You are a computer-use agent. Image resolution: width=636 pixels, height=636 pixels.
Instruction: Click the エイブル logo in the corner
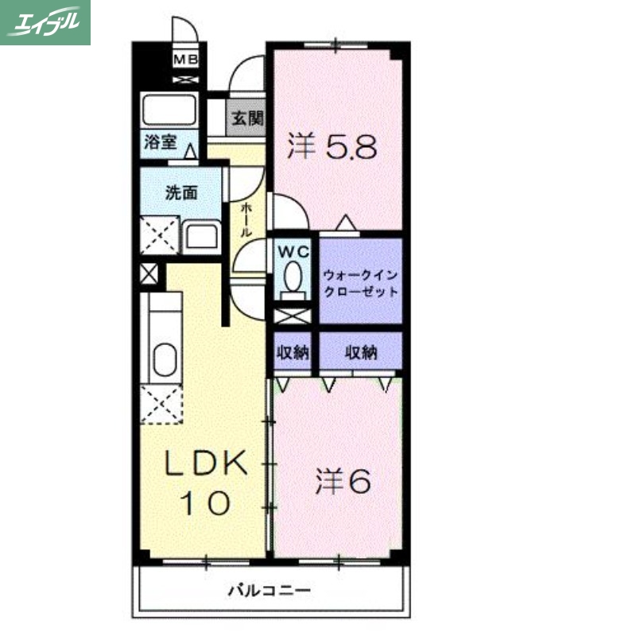coord(45,22)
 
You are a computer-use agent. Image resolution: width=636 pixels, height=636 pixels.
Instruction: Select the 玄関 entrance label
coord(247,118)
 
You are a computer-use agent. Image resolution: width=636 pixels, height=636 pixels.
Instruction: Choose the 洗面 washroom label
coord(180,192)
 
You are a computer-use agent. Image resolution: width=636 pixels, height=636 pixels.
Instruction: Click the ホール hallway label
coord(246,220)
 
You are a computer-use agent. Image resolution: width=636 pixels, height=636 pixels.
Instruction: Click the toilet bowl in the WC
coord(293,278)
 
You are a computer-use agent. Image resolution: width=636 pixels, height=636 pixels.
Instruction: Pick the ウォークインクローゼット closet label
coord(360,282)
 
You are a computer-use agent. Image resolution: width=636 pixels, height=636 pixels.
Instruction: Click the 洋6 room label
coord(343,481)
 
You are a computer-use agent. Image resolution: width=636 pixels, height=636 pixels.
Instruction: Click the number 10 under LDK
coord(204,502)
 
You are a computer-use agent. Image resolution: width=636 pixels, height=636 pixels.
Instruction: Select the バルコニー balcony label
coord(270,591)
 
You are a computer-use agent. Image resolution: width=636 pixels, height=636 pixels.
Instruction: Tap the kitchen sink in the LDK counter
coord(165,359)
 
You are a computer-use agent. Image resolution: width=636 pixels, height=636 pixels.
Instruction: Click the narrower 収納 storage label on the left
coord(293,352)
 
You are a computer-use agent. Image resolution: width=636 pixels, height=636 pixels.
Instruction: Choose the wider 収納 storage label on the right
coord(361,352)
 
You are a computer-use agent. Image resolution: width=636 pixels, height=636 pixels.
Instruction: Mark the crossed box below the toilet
coord(293,315)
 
